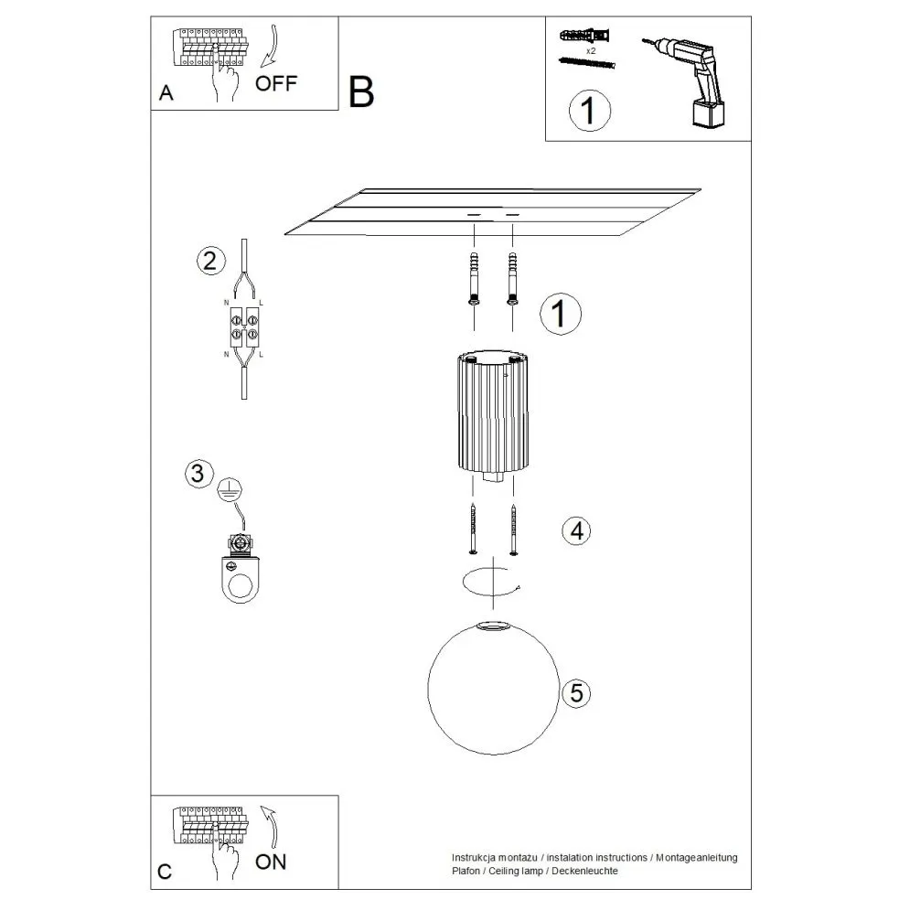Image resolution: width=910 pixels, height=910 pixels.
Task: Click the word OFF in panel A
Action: pos(275,83)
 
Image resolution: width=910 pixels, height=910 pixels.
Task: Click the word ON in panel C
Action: pos(271,862)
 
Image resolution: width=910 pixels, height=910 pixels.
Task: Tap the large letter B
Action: pos(361,92)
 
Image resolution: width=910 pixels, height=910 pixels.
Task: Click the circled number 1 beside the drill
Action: pos(588,111)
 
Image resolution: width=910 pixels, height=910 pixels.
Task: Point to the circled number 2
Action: pos(210,261)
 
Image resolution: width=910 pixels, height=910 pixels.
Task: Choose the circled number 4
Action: pos(576,530)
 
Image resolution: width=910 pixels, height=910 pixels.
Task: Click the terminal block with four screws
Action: pos(244,327)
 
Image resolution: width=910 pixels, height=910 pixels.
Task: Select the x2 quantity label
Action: pos(590,51)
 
